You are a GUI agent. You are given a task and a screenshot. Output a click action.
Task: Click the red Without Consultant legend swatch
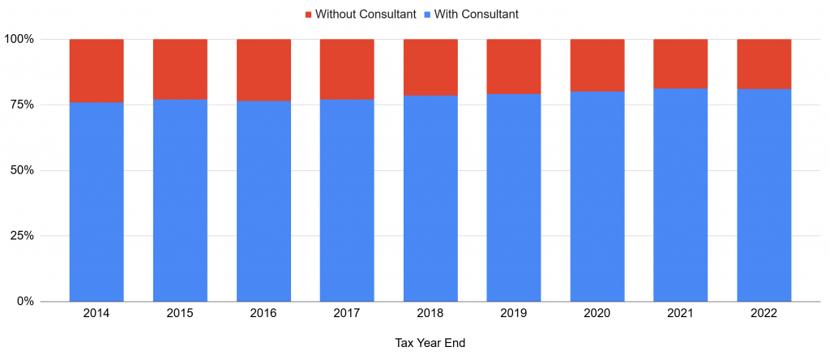click(x=308, y=15)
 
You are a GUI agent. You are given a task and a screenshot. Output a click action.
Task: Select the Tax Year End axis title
click(x=430, y=343)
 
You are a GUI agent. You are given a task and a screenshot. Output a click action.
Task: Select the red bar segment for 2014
click(x=96, y=71)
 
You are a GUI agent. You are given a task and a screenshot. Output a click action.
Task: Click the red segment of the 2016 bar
click(x=263, y=70)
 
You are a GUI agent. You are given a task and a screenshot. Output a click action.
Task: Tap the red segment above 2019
click(x=514, y=66)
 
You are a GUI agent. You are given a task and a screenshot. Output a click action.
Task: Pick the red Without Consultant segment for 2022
click(x=764, y=64)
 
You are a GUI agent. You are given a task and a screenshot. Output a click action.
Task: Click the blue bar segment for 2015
click(x=180, y=200)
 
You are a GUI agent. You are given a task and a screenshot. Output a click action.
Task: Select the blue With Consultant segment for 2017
click(x=347, y=200)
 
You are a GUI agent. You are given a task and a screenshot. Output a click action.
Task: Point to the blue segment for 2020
click(x=597, y=196)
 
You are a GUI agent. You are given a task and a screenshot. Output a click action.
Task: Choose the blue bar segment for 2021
click(x=681, y=195)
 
